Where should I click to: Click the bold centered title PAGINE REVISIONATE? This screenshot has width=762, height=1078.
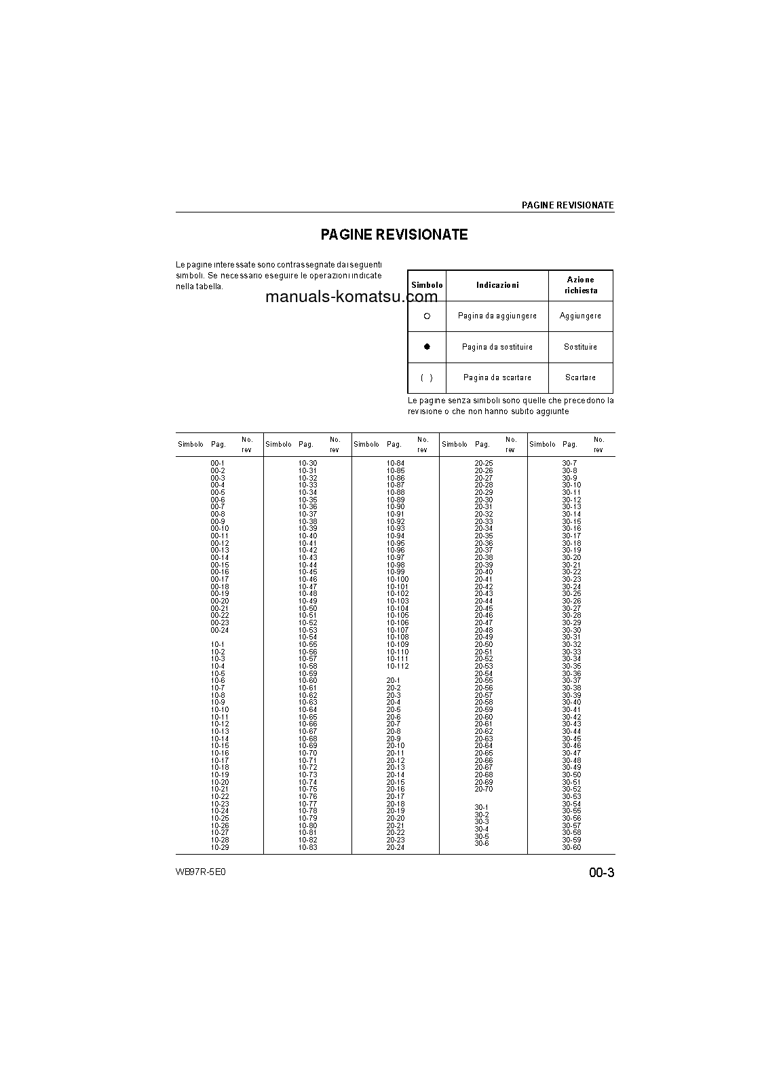coord(394,235)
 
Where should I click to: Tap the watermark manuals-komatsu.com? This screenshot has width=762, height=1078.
coord(351,297)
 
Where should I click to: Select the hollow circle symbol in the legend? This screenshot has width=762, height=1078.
coord(427,316)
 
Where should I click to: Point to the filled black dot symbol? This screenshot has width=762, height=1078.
coord(427,347)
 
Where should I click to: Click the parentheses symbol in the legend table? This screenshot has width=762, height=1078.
coord(427,378)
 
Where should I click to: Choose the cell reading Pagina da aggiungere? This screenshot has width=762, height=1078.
coord(497,316)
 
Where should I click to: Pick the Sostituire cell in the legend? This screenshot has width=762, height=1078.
coord(581,347)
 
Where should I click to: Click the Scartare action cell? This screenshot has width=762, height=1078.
coord(581,378)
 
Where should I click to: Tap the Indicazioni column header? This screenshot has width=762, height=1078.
coord(497,286)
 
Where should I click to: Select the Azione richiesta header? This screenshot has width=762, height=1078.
coord(581,285)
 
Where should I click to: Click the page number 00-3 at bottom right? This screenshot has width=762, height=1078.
coord(601,873)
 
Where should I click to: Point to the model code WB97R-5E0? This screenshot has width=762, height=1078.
coord(200,872)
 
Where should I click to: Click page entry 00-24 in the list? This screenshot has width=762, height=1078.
coord(220,631)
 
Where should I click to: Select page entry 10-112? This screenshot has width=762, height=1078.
coord(398,667)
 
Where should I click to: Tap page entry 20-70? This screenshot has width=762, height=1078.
coord(484,789)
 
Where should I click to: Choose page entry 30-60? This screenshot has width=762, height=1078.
coord(571,848)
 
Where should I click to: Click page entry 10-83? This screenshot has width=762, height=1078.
coord(308,848)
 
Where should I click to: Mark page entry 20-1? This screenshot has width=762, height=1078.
coord(394,681)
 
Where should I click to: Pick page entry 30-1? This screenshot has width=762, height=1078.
coord(482,808)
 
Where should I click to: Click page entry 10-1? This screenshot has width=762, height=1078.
coord(218,645)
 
